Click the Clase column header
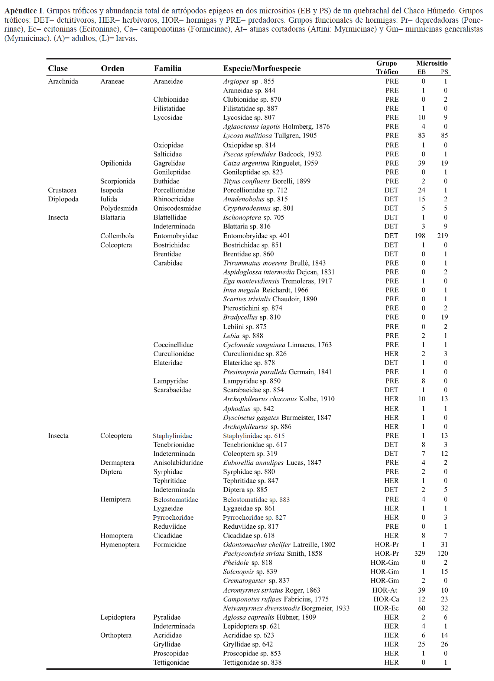(x=58, y=68)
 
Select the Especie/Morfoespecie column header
(x=261, y=68)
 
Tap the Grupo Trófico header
(x=387, y=68)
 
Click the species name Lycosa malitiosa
(x=247, y=136)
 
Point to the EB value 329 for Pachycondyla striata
(x=420, y=554)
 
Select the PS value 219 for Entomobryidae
(x=442, y=236)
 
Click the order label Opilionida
(x=116, y=163)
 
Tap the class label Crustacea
(x=62, y=190)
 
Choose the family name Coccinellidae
(x=173, y=345)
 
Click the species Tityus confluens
(x=246, y=181)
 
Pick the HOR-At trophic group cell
(x=385, y=590)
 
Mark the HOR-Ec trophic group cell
(x=386, y=608)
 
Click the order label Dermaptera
(x=117, y=463)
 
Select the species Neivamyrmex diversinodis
(x=261, y=608)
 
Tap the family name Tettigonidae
(x=171, y=662)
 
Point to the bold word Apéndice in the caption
(x=22, y=11)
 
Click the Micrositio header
(x=432, y=63)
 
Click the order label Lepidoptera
(x=118, y=617)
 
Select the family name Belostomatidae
(x=176, y=500)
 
